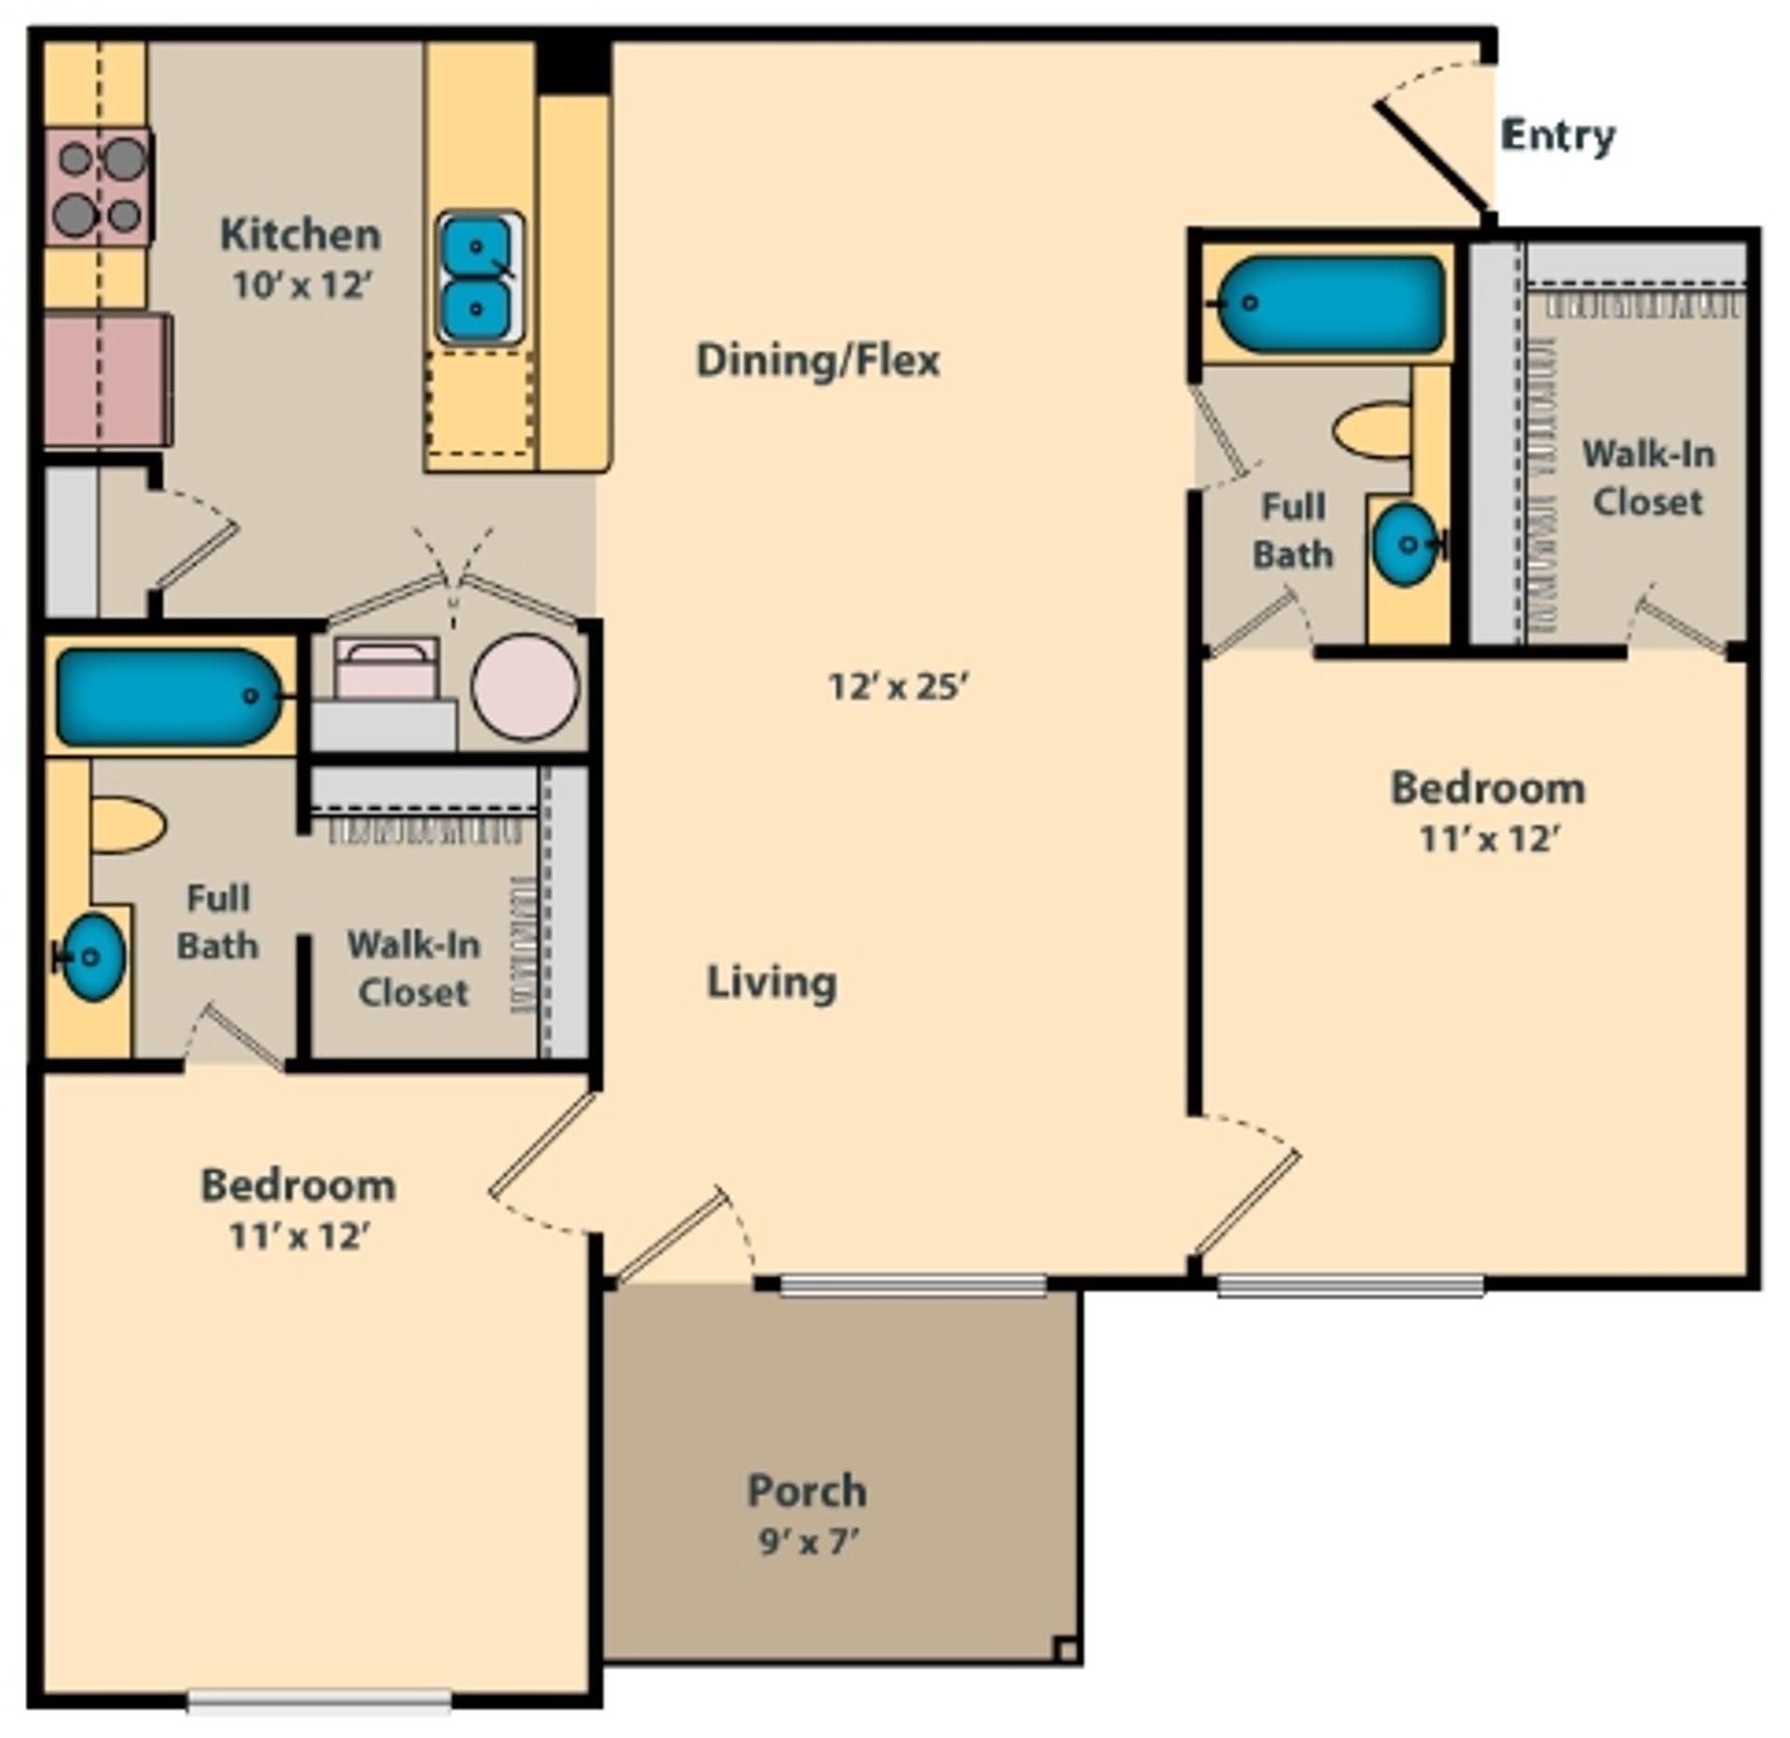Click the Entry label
coord(1557,136)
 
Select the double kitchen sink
coord(477,277)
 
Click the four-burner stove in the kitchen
coord(99,187)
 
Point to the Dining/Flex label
coord(818,361)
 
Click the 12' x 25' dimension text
coord(898,687)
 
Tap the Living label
coord(771,983)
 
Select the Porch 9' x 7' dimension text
coord(807,1542)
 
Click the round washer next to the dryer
coord(525,687)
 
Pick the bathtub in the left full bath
coord(168,697)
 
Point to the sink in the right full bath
coord(1405,545)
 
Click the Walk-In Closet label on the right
coord(1648,478)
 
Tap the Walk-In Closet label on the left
coord(413,969)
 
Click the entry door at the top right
coord(1431,159)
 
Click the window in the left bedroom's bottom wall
coord(319,1702)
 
